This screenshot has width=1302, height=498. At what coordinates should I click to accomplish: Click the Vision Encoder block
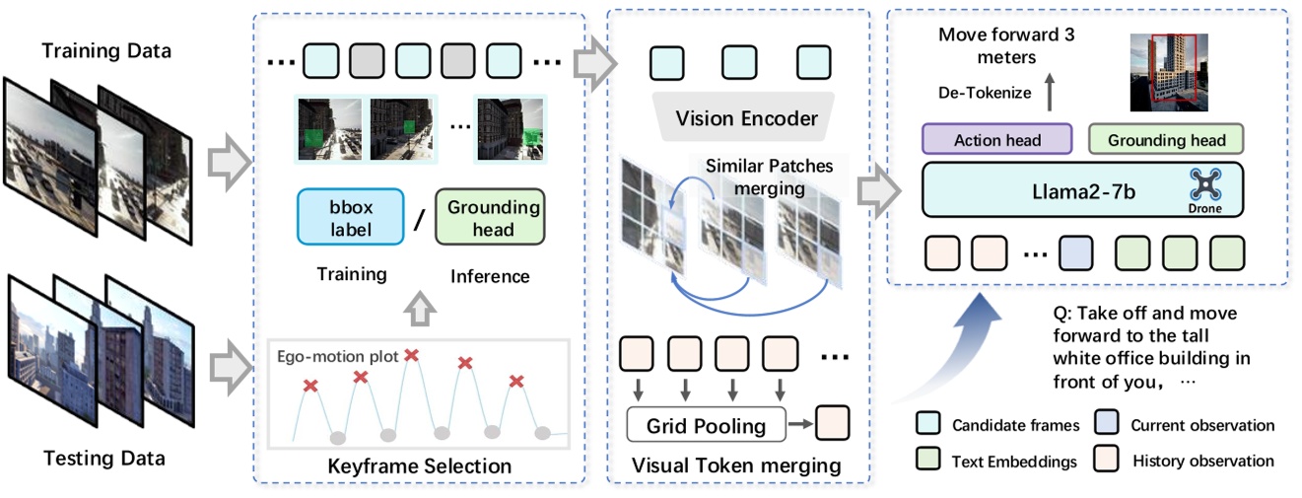click(x=746, y=118)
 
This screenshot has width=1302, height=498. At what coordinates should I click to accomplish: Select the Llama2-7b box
click(x=1082, y=191)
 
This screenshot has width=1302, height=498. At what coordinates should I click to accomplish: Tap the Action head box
click(x=996, y=140)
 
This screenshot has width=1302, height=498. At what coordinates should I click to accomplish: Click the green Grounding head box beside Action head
click(x=1166, y=140)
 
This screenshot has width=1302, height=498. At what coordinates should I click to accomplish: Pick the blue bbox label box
click(x=350, y=216)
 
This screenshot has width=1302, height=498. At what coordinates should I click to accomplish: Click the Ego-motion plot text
click(x=338, y=356)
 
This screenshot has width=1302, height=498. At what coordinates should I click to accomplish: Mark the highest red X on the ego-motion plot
click(x=412, y=354)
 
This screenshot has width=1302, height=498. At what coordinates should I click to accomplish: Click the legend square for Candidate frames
click(x=928, y=426)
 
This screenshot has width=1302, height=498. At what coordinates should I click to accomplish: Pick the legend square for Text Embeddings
click(x=928, y=460)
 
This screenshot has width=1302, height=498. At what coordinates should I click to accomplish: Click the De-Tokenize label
click(x=985, y=93)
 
